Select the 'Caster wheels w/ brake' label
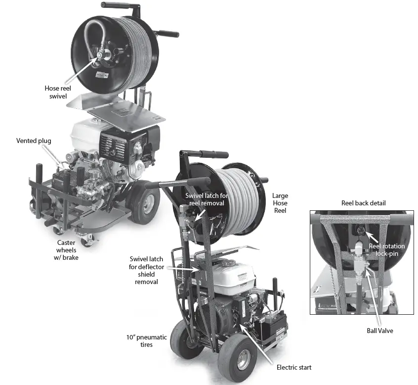coord(67,250)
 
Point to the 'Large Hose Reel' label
coord(280,203)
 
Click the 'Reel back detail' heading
coord(364,203)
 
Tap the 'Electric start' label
coord(294,367)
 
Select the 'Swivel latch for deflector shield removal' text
coord(146,270)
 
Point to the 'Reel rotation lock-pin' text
coord(386,249)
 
